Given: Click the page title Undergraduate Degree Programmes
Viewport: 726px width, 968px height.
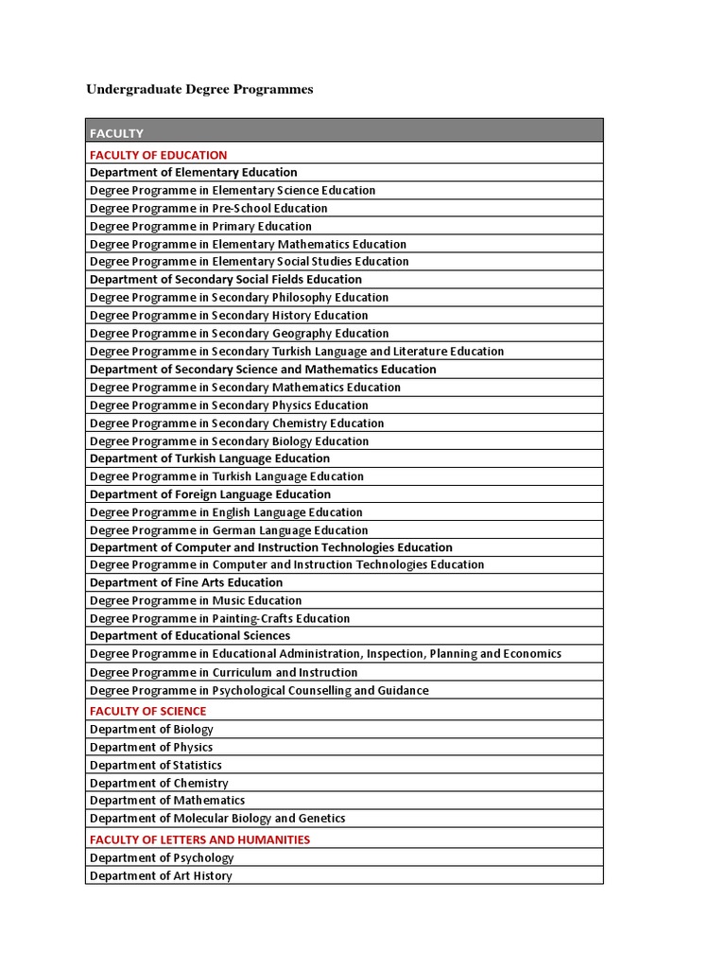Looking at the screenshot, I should (x=199, y=90).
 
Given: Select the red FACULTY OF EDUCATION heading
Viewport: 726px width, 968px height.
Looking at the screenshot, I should (x=158, y=155).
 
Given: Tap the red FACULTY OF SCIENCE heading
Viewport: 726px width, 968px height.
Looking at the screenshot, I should (x=147, y=711).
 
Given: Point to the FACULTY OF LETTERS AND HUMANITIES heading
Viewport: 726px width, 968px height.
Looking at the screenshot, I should (x=199, y=839).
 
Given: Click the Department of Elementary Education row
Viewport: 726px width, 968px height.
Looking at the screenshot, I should (x=193, y=172).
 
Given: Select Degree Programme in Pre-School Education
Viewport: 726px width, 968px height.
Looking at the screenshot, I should (x=208, y=208).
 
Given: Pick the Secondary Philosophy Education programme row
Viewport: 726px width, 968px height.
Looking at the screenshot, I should (x=239, y=297).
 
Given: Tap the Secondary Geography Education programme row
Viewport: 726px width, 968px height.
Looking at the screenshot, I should (x=239, y=333).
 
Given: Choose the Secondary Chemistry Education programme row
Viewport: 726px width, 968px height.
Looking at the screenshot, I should (x=236, y=423).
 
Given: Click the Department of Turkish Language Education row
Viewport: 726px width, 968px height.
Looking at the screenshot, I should (x=210, y=458).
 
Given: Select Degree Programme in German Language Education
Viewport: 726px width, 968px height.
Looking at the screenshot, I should (x=229, y=530).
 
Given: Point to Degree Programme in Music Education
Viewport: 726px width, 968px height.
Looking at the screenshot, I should (x=196, y=600).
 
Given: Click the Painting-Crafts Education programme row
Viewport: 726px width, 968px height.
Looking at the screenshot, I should (x=219, y=618).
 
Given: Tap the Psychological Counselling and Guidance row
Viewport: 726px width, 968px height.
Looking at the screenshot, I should (x=259, y=690).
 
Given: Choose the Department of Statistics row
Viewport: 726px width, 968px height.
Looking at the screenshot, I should (x=156, y=765).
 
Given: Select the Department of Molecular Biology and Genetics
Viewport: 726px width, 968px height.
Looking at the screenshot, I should (x=217, y=818).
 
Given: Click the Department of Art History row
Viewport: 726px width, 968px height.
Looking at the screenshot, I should (x=161, y=875).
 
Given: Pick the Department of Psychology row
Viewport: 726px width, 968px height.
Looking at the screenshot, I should (x=162, y=857).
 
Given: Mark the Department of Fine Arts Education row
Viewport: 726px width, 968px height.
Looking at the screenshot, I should (x=186, y=582).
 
